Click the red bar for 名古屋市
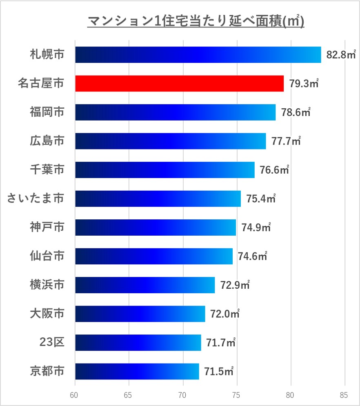click(179, 83)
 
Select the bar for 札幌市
click(198, 55)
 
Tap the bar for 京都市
click(137, 371)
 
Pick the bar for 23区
click(138, 342)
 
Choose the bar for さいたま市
click(158, 199)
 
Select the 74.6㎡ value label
click(252, 256)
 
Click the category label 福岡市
click(47, 112)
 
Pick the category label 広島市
click(47, 141)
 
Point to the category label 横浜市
click(47, 285)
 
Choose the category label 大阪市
click(47, 314)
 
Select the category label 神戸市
click(47, 227)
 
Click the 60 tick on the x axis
click(75, 395)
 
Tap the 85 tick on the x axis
click(345, 395)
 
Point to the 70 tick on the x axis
click(183, 395)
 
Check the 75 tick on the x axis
click(237, 395)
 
